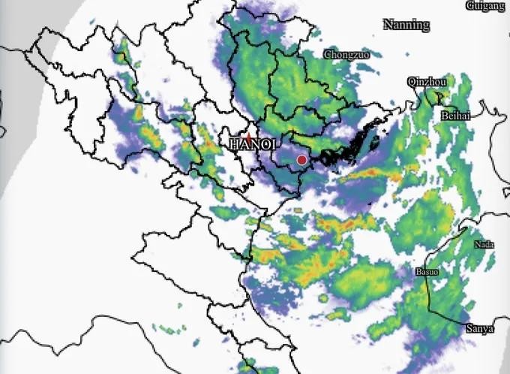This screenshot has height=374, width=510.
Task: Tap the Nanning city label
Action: click(406, 25)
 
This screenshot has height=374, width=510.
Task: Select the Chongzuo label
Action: click(346, 55)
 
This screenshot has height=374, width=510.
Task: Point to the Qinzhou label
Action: click(427, 81)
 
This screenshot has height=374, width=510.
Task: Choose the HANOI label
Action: click(254, 143)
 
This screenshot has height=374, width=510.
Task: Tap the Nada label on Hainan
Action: click(484, 245)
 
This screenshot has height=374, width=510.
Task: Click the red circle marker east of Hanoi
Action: click(301, 160)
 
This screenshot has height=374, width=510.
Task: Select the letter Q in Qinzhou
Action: click(410, 81)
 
